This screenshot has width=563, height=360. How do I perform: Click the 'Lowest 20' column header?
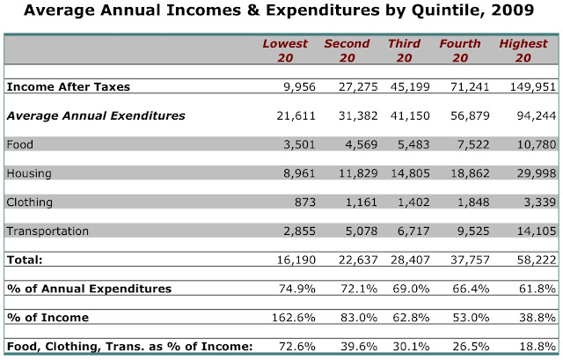(x=285, y=51)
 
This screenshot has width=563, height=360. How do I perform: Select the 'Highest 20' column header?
(x=523, y=51)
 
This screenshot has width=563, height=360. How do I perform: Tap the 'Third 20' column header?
(x=404, y=51)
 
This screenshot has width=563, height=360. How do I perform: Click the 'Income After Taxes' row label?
(x=69, y=87)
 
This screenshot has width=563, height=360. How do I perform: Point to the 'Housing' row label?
(x=29, y=173)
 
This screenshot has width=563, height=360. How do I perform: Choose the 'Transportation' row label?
(x=48, y=231)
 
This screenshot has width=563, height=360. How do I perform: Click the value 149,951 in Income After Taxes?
(x=533, y=87)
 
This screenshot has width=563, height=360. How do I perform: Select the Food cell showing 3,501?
(x=299, y=144)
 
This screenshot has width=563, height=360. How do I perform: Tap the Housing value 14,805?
(x=410, y=173)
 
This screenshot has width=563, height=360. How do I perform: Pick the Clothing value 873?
(x=305, y=202)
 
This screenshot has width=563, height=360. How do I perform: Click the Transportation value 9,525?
(x=473, y=231)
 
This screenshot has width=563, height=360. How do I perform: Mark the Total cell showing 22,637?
(x=358, y=260)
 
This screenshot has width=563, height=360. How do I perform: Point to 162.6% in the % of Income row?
(x=293, y=318)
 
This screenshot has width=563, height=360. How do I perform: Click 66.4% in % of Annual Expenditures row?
(x=471, y=289)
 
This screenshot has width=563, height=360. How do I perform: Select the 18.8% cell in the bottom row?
(x=537, y=346)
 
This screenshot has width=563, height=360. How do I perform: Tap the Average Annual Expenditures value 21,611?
(x=296, y=115)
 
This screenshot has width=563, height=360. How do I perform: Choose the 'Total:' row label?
(x=25, y=260)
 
